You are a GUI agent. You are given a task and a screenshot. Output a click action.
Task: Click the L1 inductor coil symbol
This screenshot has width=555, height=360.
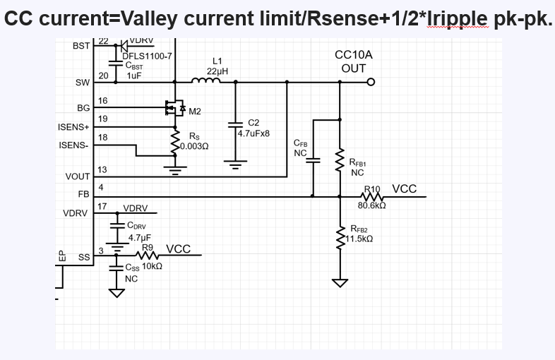tap(205, 80)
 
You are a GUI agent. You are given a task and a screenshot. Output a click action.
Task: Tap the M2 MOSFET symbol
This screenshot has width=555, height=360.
tap(175, 107)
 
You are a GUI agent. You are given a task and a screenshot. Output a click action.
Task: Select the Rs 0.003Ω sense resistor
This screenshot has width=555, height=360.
tap(175, 143)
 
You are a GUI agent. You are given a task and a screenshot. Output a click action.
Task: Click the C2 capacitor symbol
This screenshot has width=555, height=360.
tap(235, 124)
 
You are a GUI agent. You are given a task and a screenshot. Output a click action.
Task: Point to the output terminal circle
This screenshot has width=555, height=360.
tap(371, 82)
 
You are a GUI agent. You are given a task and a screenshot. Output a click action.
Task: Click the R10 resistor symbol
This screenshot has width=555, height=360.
tap(372, 196)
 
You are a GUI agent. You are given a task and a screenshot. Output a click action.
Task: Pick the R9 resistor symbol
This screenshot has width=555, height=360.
tap(147, 255)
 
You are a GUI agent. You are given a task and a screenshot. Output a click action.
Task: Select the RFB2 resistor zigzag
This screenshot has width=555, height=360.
tap(340, 236)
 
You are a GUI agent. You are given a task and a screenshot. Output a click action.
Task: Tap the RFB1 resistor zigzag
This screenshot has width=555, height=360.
tap(340, 160)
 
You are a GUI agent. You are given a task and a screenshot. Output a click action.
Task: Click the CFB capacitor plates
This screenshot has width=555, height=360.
tap(313, 160)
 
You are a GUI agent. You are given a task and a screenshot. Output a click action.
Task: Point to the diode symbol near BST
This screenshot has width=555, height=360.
tap(124, 46)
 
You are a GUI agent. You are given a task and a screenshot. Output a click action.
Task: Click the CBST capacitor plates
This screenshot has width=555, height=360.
tap(115, 64)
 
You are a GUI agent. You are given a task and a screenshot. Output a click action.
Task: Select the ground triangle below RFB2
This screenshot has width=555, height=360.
tap(340, 283)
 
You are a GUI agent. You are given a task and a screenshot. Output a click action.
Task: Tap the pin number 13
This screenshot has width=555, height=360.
tap(102, 170)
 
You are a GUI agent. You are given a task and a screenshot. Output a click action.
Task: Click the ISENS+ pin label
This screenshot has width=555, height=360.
tap(73, 127)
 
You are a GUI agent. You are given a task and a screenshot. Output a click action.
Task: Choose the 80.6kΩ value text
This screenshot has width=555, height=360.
tap(371, 205)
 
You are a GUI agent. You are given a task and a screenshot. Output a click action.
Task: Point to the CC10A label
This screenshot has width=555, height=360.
tap(354, 55)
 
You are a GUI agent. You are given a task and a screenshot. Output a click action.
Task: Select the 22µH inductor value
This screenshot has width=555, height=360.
tap(217, 71)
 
